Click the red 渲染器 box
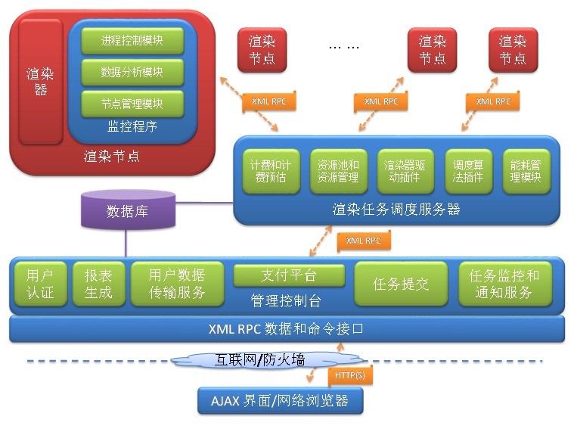click(41, 82)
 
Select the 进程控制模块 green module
click(132, 41)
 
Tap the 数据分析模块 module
click(132, 72)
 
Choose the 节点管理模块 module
click(132, 103)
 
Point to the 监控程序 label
click(132, 126)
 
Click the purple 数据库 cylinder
click(127, 211)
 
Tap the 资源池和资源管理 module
click(338, 171)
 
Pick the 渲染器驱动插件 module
click(408, 171)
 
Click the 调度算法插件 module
click(468, 171)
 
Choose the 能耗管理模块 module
click(526, 171)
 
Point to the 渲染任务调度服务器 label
click(396, 209)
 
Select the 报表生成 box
click(98, 284)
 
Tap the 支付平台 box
click(288, 275)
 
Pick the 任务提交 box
click(401, 284)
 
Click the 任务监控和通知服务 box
click(504, 284)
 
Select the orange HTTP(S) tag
click(349, 374)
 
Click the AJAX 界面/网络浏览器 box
click(280, 400)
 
